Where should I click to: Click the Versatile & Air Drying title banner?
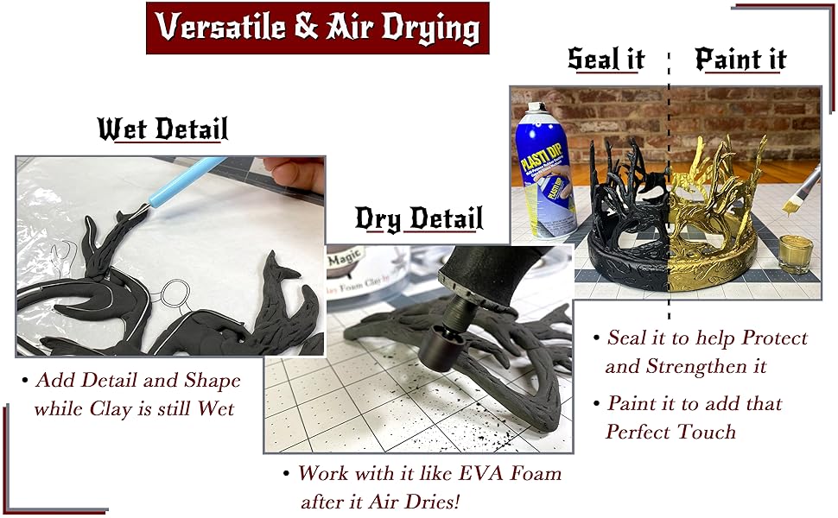pyautogui.click(x=317, y=28)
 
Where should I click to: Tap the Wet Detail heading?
pyautogui.click(x=162, y=129)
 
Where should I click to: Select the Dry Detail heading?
pyautogui.click(x=419, y=219)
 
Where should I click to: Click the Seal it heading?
pyautogui.click(x=606, y=60)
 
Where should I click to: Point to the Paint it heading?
pyautogui.click(x=740, y=60)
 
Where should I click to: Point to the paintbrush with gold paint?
pyautogui.click(x=803, y=194)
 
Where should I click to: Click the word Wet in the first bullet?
pyautogui.click(x=216, y=407)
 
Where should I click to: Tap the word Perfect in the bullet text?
pyautogui.click(x=638, y=432)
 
